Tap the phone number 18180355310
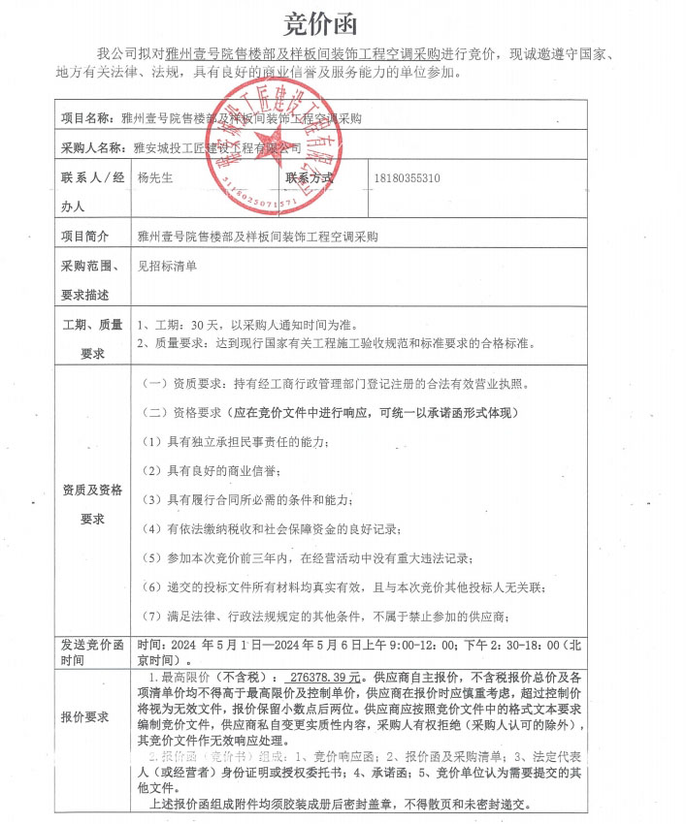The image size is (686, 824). coord(407,179)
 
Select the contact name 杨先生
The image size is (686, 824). coord(158,179)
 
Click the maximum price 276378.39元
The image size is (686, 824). coord(319,677)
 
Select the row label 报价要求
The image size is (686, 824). coord(86,717)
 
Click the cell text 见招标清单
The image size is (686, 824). coord(168,266)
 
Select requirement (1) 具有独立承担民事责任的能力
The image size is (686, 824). coord(236,442)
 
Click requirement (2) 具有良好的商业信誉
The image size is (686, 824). coord(210,471)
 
